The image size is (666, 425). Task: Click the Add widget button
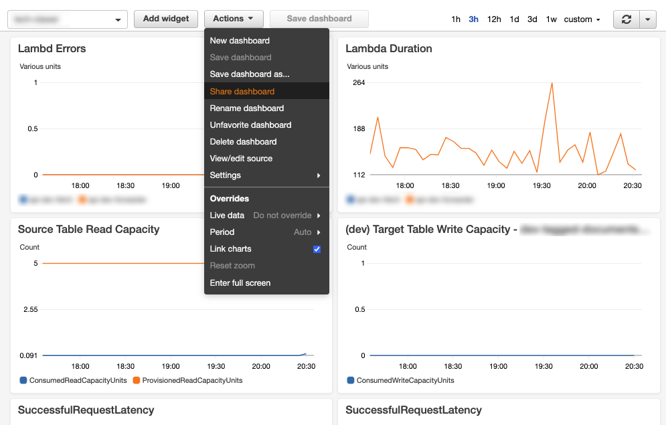(x=166, y=19)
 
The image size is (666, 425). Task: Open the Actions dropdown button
(x=233, y=19)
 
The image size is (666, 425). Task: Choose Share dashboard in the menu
(x=242, y=91)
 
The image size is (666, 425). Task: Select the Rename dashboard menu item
(x=247, y=108)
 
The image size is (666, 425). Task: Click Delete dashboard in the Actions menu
(x=243, y=141)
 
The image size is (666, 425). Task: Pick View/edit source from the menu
(x=241, y=158)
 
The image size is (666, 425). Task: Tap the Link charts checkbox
(x=317, y=249)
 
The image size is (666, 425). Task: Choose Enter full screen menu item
(x=240, y=282)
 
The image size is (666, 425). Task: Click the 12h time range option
(x=494, y=19)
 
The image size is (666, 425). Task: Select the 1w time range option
(x=551, y=19)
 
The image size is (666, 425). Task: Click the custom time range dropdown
(x=582, y=19)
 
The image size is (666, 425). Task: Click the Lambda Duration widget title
(x=389, y=48)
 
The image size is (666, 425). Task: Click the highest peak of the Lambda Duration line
(x=552, y=83)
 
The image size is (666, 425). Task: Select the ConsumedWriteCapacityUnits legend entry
(x=405, y=380)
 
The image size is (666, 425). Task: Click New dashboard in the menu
(x=240, y=40)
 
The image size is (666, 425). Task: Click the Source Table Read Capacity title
(x=88, y=229)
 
